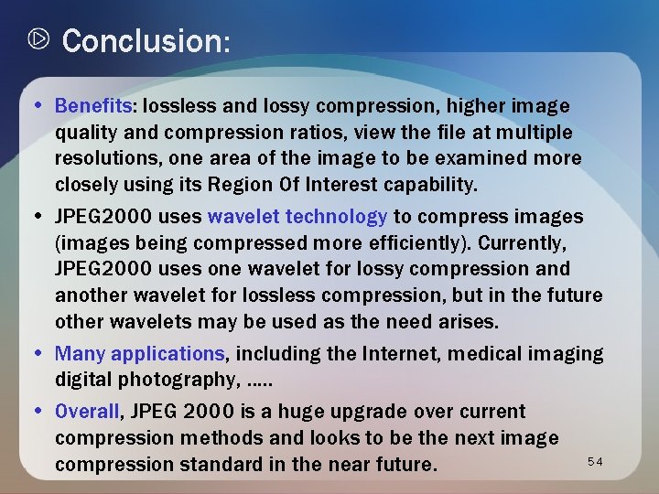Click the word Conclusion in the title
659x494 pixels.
click(142, 41)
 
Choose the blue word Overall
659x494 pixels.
click(88, 412)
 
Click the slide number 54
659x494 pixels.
click(596, 461)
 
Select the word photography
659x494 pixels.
click(184, 380)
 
